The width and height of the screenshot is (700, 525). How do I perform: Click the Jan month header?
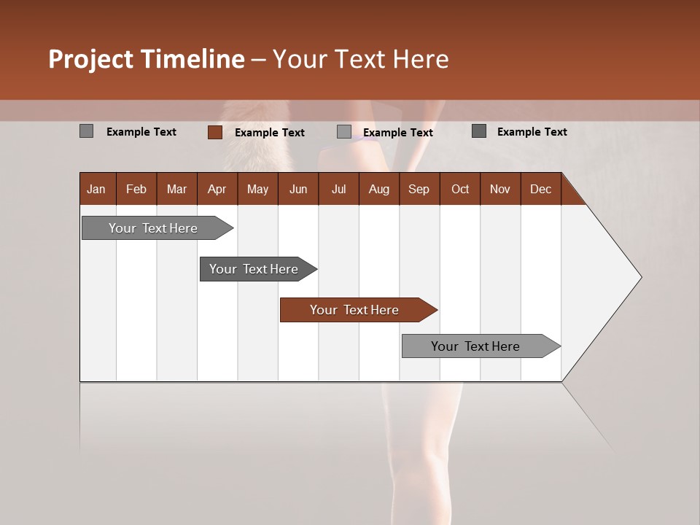pyautogui.click(x=96, y=189)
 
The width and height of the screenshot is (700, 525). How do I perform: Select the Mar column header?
pyautogui.click(x=176, y=189)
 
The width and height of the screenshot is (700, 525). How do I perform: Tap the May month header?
pyautogui.click(x=257, y=189)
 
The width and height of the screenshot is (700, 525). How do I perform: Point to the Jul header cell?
pyautogui.click(x=338, y=189)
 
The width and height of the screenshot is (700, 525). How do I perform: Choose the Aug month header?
pyautogui.click(x=378, y=189)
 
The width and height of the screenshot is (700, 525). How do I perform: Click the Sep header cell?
pyautogui.click(x=419, y=189)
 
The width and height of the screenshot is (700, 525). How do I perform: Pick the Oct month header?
pyautogui.click(x=460, y=189)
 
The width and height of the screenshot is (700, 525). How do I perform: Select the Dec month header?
pyautogui.click(x=540, y=189)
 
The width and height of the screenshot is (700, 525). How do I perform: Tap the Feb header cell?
pyautogui.click(x=136, y=189)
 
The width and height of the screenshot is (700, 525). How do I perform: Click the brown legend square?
pyautogui.click(x=214, y=132)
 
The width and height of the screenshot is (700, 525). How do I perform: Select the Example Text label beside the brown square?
pyautogui.click(x=269, y=133)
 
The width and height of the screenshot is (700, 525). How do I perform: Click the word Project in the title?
pyautogui.click(x=92, y=59)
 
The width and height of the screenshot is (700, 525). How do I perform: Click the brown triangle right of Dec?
pyautogui.click(x=571, y=194)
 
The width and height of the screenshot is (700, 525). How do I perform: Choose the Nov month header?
pyautogui.click(x=500, y=189)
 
